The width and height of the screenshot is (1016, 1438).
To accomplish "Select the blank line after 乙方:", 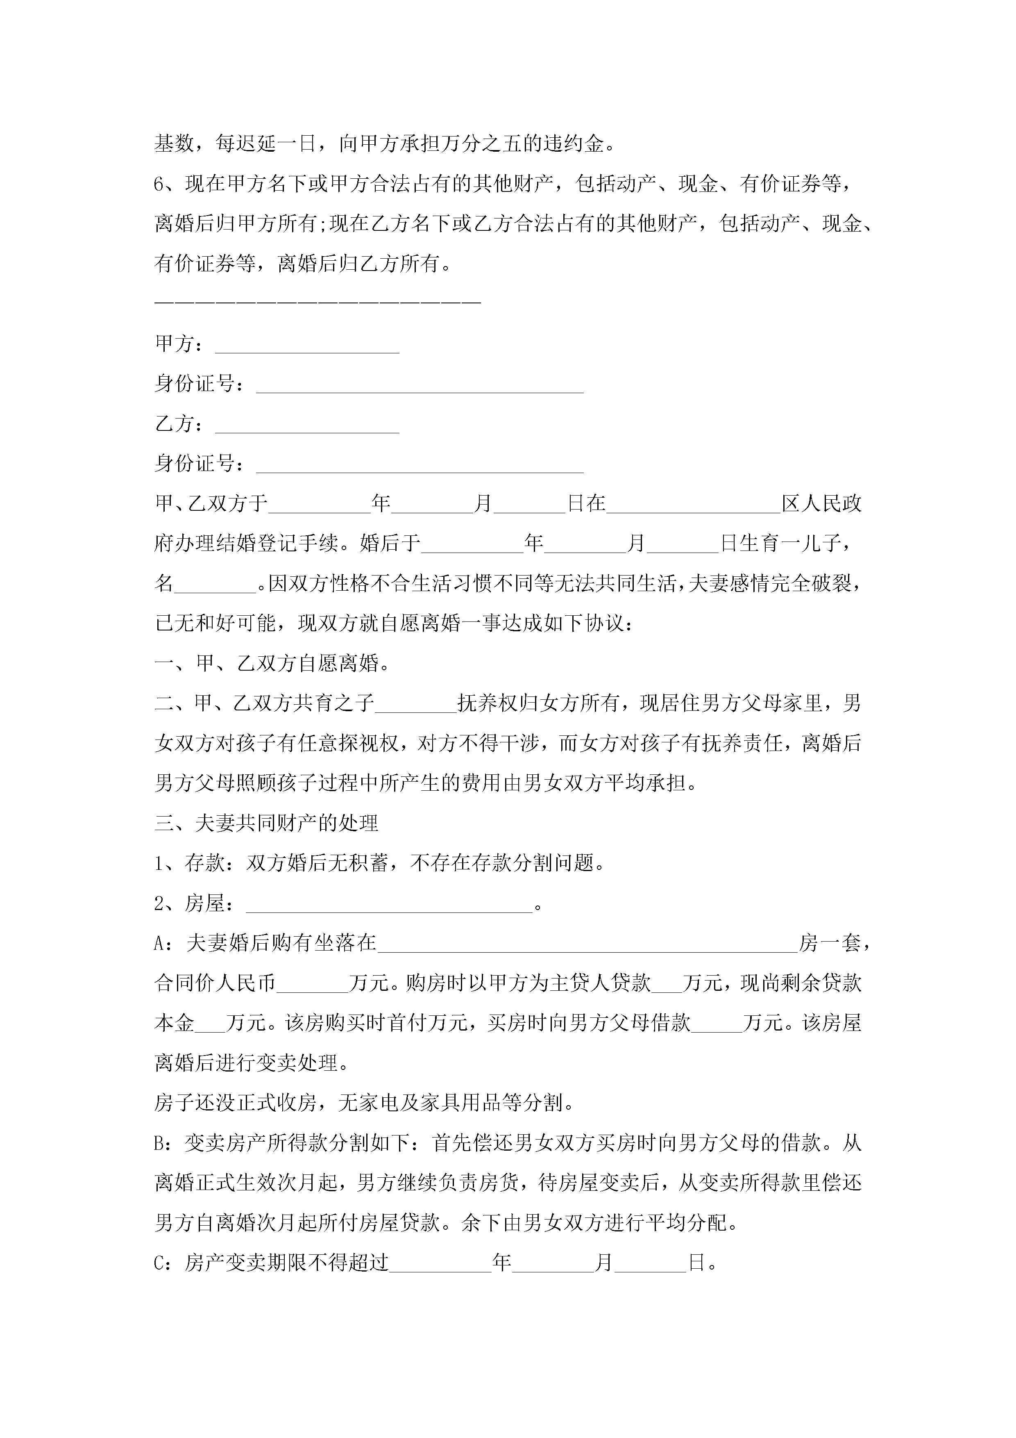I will coord(307,425).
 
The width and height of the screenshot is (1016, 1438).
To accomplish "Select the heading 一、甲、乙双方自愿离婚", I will coord(272,663).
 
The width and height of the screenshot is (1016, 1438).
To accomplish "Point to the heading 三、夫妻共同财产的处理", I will coord(266,823).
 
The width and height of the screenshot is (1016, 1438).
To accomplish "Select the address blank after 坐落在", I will coord(587,944).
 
